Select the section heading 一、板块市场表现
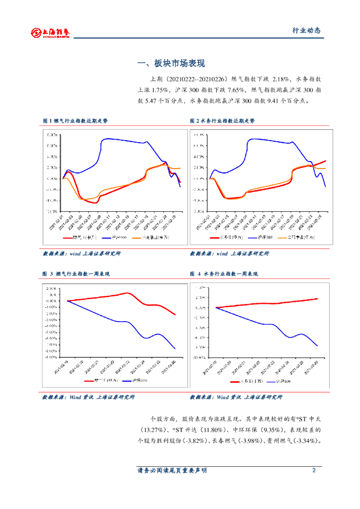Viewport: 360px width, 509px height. [x=171, y=64]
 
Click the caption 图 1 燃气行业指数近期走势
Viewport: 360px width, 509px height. [x=75, y=121]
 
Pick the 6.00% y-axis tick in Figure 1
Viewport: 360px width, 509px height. [x=52, y=146]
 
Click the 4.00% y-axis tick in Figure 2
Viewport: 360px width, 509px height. [x=199, y=157]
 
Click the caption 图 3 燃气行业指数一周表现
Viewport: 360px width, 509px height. [x=76, y=274]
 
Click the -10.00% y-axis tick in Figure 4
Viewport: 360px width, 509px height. [x=199, y=357]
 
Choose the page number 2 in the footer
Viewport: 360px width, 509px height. [x=314, y=470]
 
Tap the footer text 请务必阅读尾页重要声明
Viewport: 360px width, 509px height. [x=172, y=470]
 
